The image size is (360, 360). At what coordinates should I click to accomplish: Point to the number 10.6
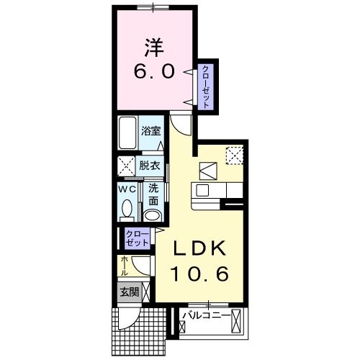pos(200,274)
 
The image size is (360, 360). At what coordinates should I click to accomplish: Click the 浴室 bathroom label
pos(150,132)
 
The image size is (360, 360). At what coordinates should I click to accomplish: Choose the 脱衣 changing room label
pos(149,165)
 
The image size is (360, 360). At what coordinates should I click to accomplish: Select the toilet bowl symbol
pos(127,210)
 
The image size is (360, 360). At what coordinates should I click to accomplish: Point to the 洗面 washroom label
pos(153,193)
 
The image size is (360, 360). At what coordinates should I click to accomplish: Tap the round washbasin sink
pos(153,215)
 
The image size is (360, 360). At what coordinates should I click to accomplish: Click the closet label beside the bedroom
pos(207,86)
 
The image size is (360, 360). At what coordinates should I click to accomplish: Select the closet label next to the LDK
pos(138,238)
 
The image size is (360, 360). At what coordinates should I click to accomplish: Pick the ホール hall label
pos(125,266)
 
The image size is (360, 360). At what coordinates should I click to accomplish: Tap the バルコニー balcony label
pos(206,315)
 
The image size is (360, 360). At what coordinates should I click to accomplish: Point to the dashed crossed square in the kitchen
pos(235,156)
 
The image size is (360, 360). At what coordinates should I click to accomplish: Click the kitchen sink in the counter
pos(202,190)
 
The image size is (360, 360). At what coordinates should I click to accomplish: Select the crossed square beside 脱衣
pos(126,164)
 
